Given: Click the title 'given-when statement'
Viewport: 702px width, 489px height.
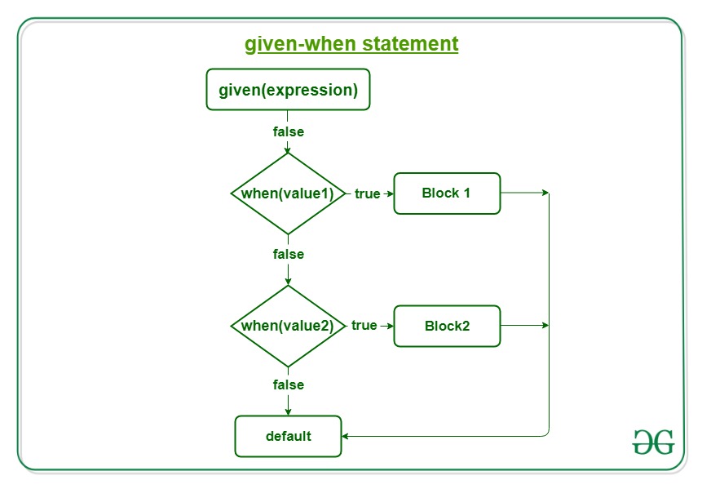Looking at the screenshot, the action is pyautogui.click(x=351, y=44).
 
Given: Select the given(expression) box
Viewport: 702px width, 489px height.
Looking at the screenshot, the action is pyautogui.click(x=288, y=89).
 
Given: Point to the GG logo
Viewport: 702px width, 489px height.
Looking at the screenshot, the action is pyautogui.click(x=653, y=442).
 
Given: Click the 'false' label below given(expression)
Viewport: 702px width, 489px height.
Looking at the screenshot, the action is pyautogui.click(x=289, y=131).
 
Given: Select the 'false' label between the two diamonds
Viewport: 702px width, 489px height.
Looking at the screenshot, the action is pyautogui.click(x=289, y=254).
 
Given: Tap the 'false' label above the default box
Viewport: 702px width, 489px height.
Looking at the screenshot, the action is pyautogui.click(x=289, y=385).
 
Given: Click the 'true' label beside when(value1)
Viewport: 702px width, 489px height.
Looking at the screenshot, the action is pyautogui.click(x=367, y=193).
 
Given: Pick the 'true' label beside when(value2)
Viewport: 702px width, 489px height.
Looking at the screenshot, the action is pyautogui.click(x=364, y=326).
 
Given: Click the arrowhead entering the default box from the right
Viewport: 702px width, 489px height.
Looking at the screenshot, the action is pyautogui.click(x=345, y=436).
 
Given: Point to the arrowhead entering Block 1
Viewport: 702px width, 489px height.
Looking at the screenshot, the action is pyautogui.click(x=391, y=193).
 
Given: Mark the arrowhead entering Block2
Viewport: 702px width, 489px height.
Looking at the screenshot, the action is pyautogui.click(x=391, y=326).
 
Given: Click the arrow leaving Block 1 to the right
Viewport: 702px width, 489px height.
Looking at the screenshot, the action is pyautogui.click(x=525, y=193).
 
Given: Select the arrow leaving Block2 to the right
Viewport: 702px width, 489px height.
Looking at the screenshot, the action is pyautogui.click(x=525, y=326).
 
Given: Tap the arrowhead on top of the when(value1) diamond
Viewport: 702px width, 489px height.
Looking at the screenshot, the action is pyautogui.click(x=288, y=149).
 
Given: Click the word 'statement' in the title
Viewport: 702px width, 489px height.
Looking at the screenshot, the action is pyautogui.click(x=410, y=44).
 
